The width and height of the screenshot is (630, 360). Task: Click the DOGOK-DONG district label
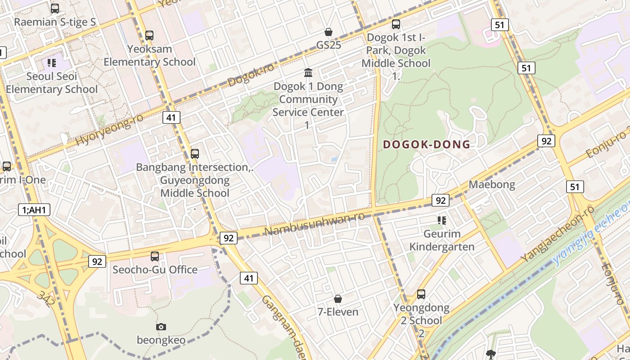click(x=426, y=144)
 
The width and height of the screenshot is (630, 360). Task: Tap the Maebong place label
click(x=492, y=184)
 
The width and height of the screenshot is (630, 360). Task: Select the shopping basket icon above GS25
click(x=328, y=32)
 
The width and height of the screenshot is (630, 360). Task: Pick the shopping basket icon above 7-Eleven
click(x=338, y=299)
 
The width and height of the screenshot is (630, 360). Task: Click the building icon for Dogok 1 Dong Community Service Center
click(x=308, y=72)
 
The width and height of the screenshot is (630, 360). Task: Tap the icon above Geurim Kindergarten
click(x=442, y=220)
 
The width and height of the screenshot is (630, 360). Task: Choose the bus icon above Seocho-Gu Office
click(x=155, y=256)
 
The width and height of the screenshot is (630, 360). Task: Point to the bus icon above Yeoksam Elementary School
click(x=149, y=35)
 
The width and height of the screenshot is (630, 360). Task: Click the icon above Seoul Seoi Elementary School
click(x=52, y=63)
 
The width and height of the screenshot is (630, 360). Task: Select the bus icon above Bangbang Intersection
click(x=195, y=153)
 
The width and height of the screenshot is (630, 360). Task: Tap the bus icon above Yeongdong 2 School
click(x=421, y=294)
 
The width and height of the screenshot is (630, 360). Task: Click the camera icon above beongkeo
click(x=161, y=327)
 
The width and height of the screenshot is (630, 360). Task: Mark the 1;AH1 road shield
click(x=34, y=209)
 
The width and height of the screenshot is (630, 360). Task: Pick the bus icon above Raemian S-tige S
click(x=55, y=9)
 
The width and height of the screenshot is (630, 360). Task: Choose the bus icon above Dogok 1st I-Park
click(x=396, y=24)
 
